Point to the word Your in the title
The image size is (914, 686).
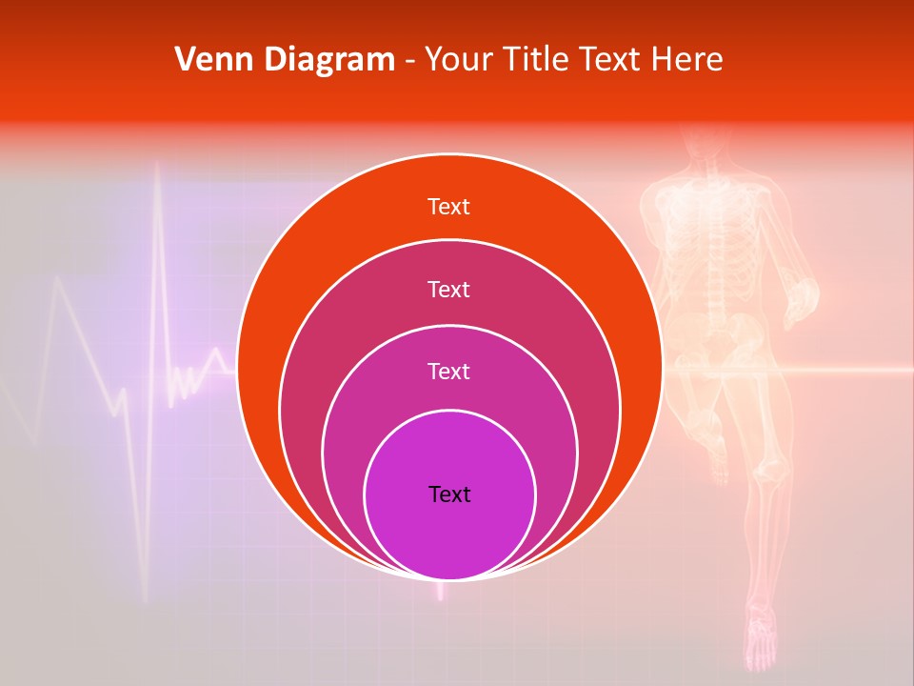[x=453, y=60]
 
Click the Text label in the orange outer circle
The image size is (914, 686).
[x=448, y=207]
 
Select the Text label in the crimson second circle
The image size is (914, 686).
[x=448, y=289]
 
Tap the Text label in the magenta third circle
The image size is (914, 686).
[x=448, y=371]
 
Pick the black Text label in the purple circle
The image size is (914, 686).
[x=449, y=494]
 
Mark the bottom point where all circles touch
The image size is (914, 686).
[x=449, y=579]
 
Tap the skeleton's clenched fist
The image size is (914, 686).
[x=805, y=294]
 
